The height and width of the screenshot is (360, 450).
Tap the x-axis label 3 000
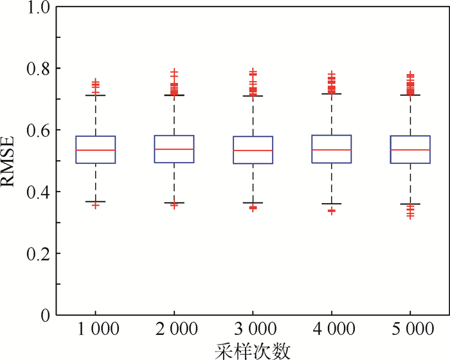pos(253,331)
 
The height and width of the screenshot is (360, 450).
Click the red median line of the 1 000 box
pos(96,150)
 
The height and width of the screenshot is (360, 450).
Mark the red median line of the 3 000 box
pos(253,150)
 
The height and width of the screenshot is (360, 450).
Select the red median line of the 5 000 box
pos(411,150)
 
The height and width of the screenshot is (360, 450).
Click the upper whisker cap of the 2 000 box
pos(174,95)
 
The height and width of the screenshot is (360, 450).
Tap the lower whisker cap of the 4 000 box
pos(332,204)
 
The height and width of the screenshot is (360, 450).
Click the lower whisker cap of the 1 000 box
pos(96,201)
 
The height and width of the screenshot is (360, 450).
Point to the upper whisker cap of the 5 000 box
pos(411,95)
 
